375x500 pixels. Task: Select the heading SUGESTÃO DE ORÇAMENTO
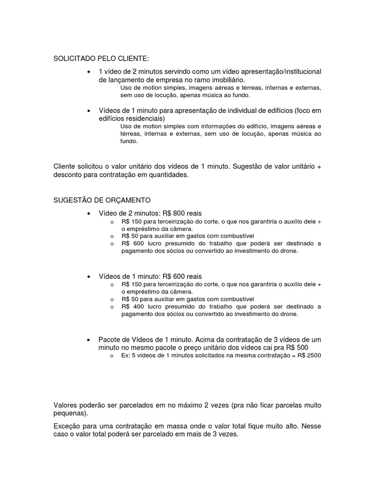(102, 200)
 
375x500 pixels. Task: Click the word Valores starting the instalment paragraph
(66, 405)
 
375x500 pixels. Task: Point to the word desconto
(68, 175)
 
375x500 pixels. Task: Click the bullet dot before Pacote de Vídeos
(88, 339)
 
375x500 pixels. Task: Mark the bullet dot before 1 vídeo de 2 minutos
(88, 72)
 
